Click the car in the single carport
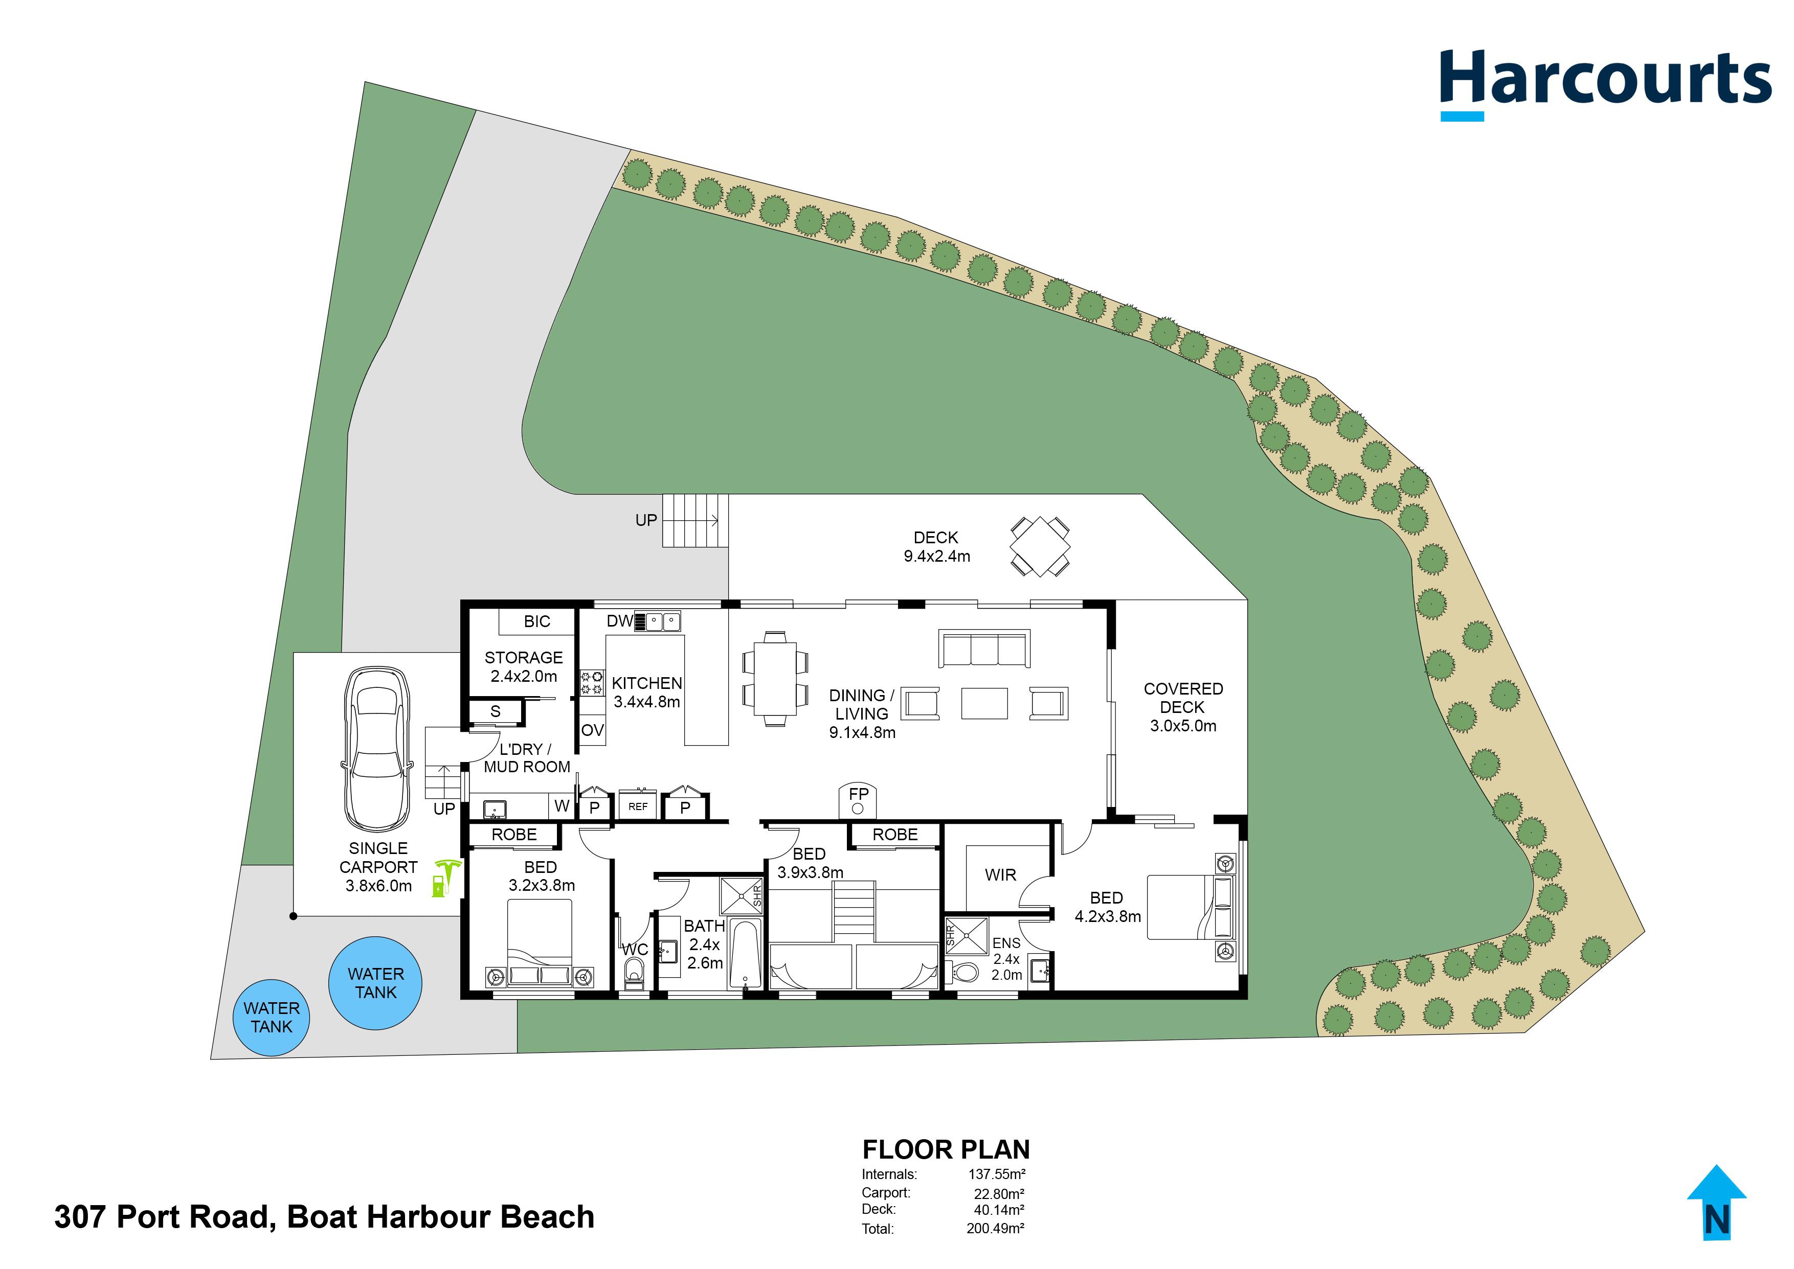377,749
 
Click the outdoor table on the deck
1040,545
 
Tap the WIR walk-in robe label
1001,875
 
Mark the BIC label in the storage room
537,621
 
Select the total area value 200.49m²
995,1228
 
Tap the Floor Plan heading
946,1150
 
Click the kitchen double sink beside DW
663,621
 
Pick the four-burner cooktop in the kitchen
592,682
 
